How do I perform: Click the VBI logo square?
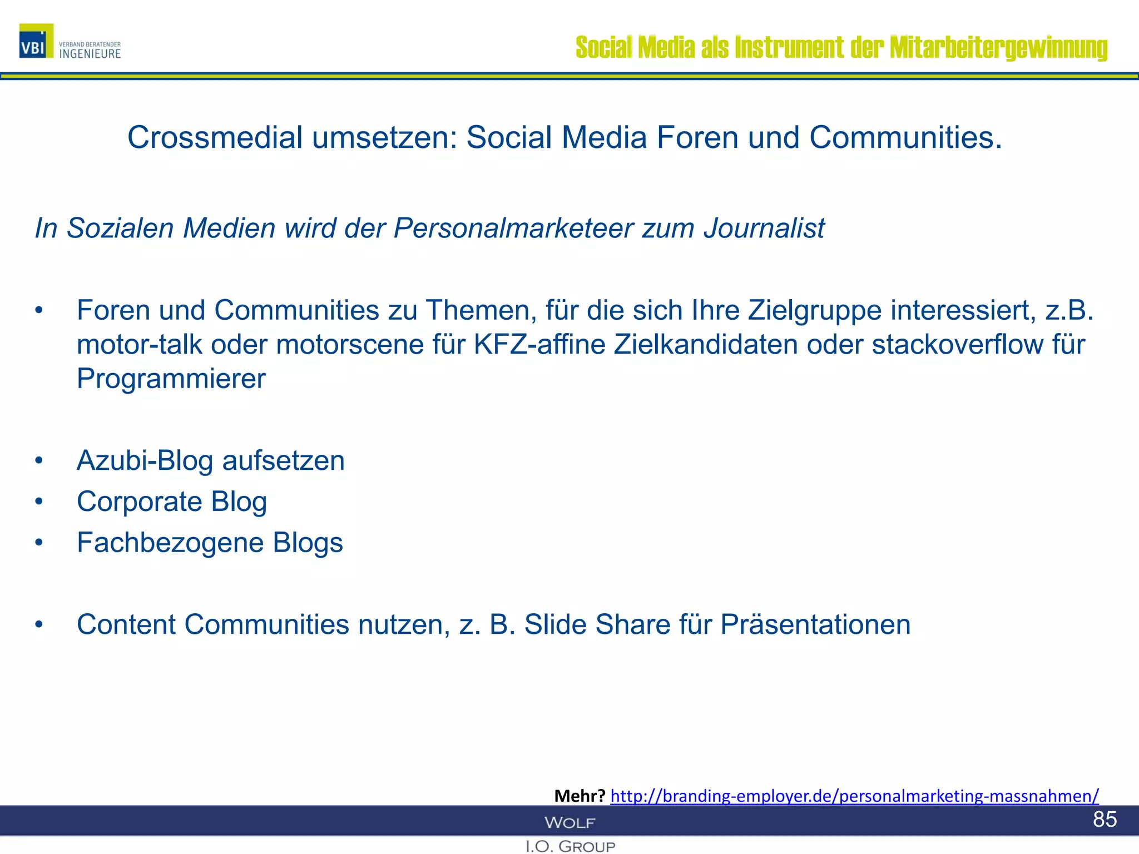click(x=36, y=41)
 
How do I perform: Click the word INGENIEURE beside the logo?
click(x=90, y=54)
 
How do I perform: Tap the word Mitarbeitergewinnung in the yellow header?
click(x=998, y=47)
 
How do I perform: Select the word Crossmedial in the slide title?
click(x=215, y=137)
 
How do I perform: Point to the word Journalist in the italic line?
click(x=764, y=228)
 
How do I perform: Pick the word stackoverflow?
click(x=957, y=345)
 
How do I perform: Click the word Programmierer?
click(x=171, y=379)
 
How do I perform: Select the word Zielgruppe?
click(x=814, y=310)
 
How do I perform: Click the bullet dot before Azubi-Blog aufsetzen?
click(x=38, y=461)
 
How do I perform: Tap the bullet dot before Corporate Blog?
click(x=38, y=502)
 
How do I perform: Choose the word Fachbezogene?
click(x=170, y=543)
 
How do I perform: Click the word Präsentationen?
click(x=815, y=624)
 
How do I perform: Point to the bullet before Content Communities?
click(x=38, y=625)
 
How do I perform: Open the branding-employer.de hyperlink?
click(x=854, y=796)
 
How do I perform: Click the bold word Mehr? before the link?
click(x=580, y=796)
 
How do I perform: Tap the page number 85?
click(x=1105, y=819)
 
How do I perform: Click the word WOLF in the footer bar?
click(x=569, y=822)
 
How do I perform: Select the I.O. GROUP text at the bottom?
click(x=570, y=846)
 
